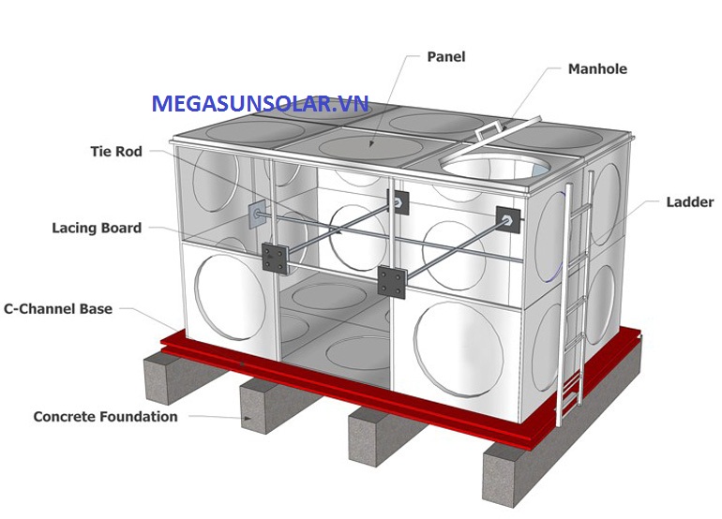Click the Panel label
click(445, 56)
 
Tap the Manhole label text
click(597, 69)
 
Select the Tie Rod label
click(116, 152)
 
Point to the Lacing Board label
click(97, 228)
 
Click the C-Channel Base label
click(58, 309)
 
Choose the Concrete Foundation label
click(105, 416)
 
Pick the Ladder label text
click(690, 202)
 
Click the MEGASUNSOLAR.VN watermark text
click(260, 104)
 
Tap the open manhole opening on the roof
click(495, 167)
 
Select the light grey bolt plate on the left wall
click(257, 214)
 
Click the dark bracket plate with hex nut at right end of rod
click(508, 219)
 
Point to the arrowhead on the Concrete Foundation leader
click(248, 418)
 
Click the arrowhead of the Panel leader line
click(370, 144)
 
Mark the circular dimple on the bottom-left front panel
click(231, 297)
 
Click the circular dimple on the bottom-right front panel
click(459, 348)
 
